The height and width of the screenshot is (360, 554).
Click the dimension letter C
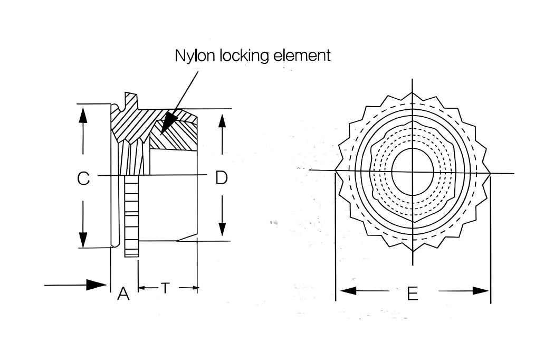click(83, 178)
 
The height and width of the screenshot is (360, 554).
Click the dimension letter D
click(222, 177)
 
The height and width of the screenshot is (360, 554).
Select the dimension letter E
click(413, 293)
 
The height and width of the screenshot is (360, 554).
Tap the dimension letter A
click(123, 293)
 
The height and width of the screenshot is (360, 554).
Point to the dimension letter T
click(165, 288)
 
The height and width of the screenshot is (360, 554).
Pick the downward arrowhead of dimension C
click(83, 240)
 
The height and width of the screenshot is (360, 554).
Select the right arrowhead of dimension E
click(481, 291)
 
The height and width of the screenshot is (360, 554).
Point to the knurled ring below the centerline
click(132, 216)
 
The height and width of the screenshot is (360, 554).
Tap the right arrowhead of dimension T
click(194, 288)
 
